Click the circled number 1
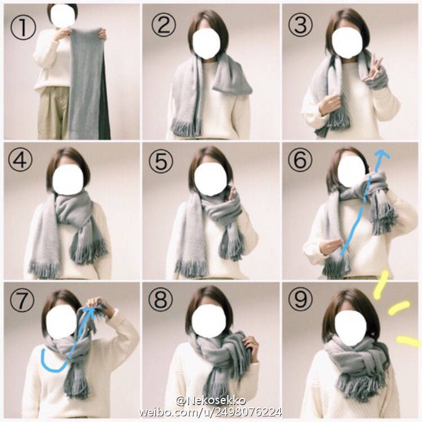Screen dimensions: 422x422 tap(23, 27)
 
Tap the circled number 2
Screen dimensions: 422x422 tap(164, 25)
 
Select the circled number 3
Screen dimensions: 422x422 tap(300, 25)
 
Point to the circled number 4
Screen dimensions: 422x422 tap(20, 159)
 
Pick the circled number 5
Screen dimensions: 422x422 tap(161, 161)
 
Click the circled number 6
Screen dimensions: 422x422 tap(300, 159)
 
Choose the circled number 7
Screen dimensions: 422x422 tap(22, 300)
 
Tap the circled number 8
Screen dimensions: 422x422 tap(161, 299)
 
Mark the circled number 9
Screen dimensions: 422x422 tap(300, 299)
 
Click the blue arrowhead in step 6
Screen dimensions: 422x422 tap(383, 154)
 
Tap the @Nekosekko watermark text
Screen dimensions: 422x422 tap(211, 401)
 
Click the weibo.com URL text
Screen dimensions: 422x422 tap(210, 412)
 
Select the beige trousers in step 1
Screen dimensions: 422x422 tap(53, 113)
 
